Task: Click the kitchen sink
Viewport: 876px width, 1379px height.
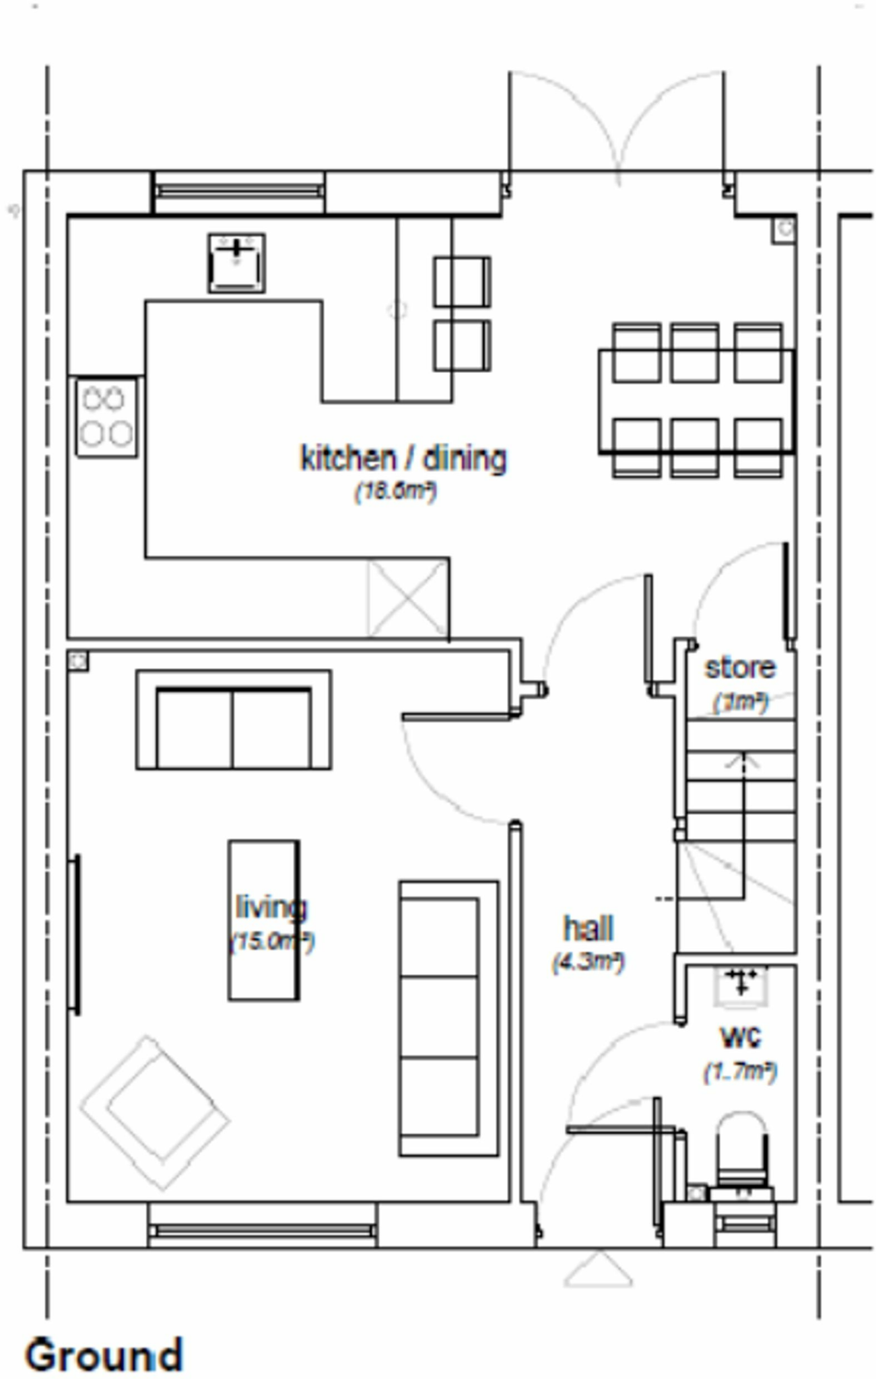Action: coord(236,263)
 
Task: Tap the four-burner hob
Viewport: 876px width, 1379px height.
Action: coord(106,417)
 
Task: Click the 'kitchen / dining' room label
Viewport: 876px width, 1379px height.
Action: coord(403,459)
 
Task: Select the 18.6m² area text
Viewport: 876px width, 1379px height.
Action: coord(396,491)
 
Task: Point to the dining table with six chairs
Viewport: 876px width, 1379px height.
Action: coord(697,401)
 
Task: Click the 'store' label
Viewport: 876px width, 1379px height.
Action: coord(740,668)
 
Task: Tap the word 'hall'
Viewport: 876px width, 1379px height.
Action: coord(588,929)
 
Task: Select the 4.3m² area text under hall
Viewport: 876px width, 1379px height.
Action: coord(588,962)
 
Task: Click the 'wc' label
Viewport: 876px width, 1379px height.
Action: coord(741,1037)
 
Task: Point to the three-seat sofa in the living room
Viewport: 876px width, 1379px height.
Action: coord(448,1017)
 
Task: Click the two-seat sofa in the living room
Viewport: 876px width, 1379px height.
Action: coord(234,720)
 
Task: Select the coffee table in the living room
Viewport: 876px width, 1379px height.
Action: coord(263,920)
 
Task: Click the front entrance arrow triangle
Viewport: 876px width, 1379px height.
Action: coord(598,1271)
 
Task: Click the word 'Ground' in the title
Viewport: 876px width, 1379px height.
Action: coord(104,1354)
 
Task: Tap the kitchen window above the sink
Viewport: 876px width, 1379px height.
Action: coord(239,191)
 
